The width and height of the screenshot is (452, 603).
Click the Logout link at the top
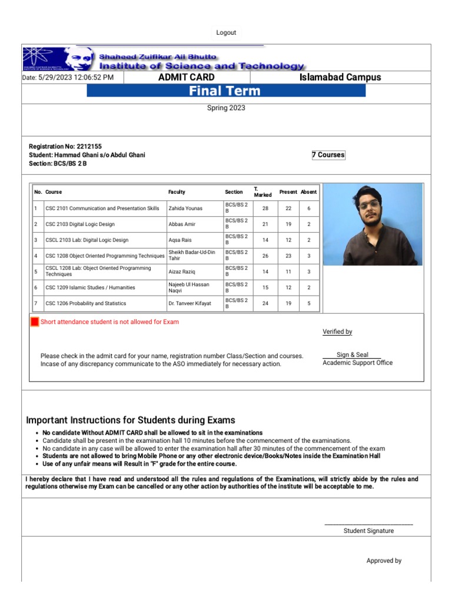[226, 33]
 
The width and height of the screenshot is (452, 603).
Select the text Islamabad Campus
[340, 77]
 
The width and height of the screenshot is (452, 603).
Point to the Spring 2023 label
[226, 108]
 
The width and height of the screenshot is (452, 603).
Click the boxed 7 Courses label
[328, 155]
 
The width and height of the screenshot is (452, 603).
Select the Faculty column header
[177, 192]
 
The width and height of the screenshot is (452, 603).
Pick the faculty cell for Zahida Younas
[185, 208]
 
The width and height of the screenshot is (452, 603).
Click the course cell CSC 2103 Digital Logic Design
[80, 224]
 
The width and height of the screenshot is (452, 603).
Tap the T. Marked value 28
[265, 208]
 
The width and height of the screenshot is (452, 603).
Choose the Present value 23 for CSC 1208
[288, 256]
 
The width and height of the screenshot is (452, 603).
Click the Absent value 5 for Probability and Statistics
[309, 304]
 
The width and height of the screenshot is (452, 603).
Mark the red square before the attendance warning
[35, 322]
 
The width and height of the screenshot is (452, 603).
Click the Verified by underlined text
[337, 332]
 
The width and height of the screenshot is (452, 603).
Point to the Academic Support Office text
[357, 363]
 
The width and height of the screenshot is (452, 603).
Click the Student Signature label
[368, 531]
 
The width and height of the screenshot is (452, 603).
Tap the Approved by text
[384, 561]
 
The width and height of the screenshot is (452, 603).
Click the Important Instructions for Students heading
[131, 420]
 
